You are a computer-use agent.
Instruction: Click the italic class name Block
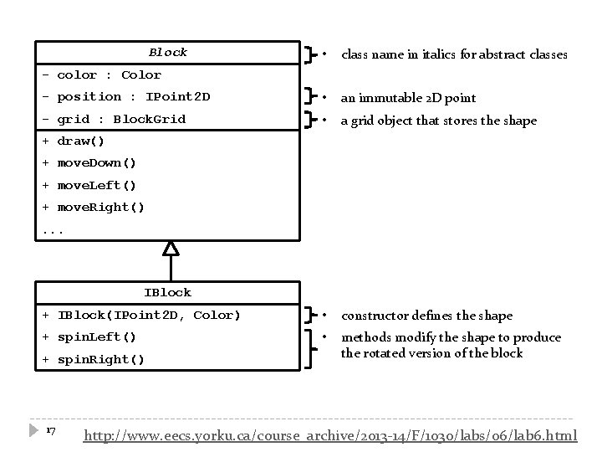coord(168,52)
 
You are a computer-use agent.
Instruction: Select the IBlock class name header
coord(167,292)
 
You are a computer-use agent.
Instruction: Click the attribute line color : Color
coord(101,74)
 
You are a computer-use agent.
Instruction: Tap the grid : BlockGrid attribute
coord(114,119)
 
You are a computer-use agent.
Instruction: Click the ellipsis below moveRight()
coord(52,228)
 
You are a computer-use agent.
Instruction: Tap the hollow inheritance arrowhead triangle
coord(171,248)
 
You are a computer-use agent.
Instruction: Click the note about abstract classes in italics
coord(454,54)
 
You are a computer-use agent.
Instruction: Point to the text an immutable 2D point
coord(408,98)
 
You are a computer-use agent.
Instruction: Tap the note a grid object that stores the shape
coord(438,121)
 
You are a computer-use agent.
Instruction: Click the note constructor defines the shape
coord(426,316)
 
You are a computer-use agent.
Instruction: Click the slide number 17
coord(50,430)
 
